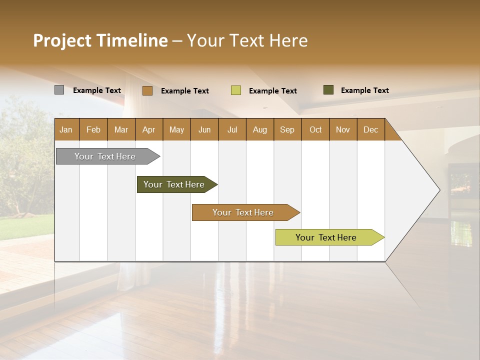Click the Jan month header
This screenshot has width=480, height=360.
click(x=66, y=129)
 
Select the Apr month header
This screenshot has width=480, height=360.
click(x=148, y=129)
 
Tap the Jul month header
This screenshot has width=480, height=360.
click(x=232, y=129)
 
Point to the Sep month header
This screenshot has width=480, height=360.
click(x=287, y=129)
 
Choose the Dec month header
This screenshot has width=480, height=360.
click(x=370, y=129)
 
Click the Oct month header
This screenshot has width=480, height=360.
click(x=315, y=129)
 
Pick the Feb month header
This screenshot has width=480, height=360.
click(x=93, y=129)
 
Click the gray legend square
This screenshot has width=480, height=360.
click(x=59, y=90)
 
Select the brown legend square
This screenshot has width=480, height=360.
click(x=147, y=90)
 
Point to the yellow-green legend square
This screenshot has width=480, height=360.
click(x=236, y=90)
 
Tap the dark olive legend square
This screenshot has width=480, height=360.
click(x=328, y=90)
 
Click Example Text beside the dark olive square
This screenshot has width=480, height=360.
click(x=364, y=90)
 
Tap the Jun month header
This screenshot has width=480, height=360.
click(x=204, y=129)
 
